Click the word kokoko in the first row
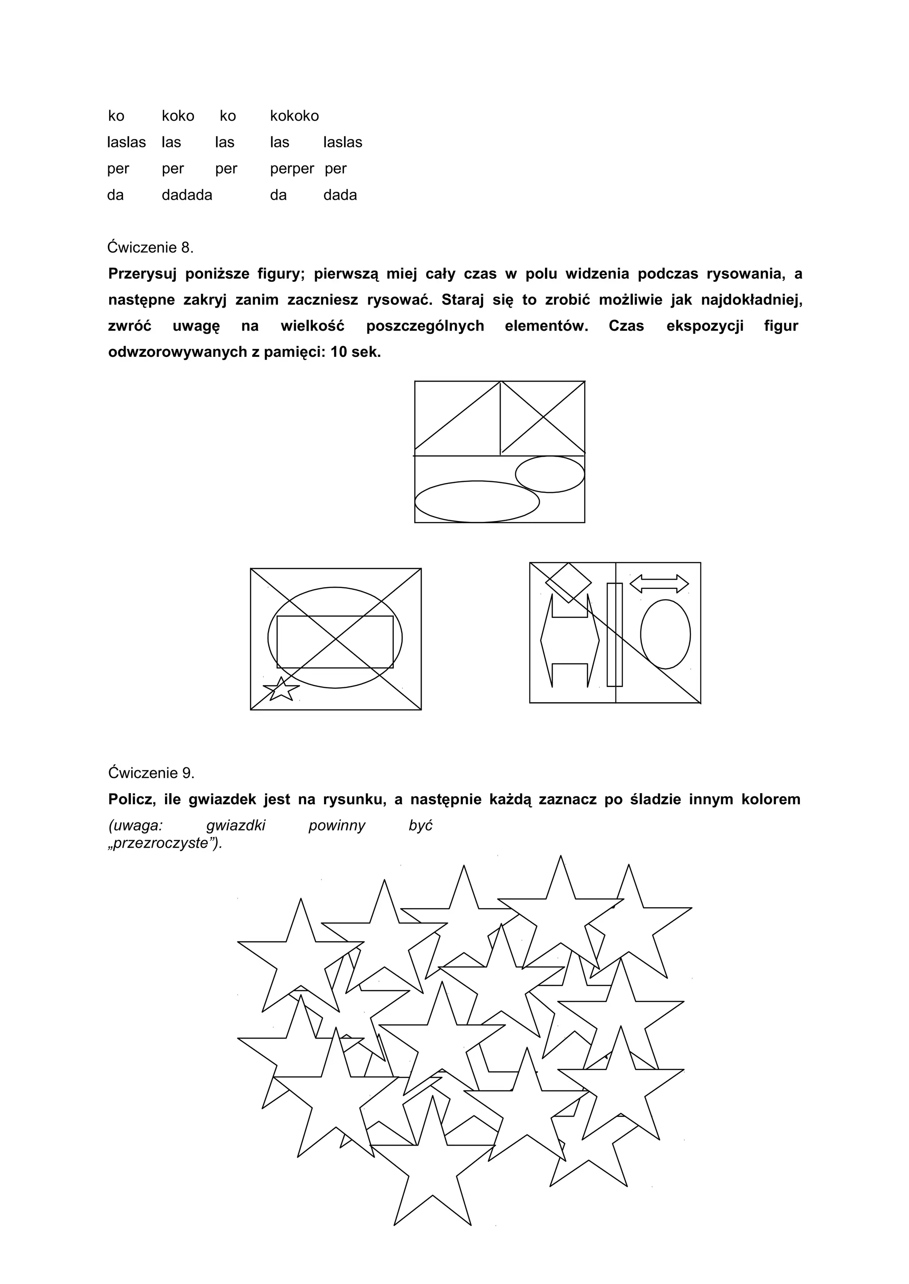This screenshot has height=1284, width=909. (294, 116)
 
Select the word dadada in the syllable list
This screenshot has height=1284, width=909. (187, 195)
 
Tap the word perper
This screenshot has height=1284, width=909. (292, 169)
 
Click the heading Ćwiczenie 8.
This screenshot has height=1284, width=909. (150, 247)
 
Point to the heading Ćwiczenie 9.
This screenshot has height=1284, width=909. (151, 773)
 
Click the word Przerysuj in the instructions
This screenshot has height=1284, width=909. (142, 274)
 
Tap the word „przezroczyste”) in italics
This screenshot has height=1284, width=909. (165, 844)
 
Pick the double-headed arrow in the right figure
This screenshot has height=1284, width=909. (660, 584)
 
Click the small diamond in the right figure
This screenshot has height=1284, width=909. (568, 583)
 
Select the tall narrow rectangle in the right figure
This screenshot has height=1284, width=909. (615, 634)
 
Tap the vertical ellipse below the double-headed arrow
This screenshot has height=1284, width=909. (665, 634)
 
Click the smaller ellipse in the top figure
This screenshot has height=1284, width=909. (549, 474)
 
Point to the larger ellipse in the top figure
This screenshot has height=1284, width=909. (477, 501)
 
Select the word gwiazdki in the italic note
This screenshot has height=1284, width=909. (236, 826)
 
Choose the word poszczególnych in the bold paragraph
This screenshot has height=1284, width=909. (425, 326)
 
